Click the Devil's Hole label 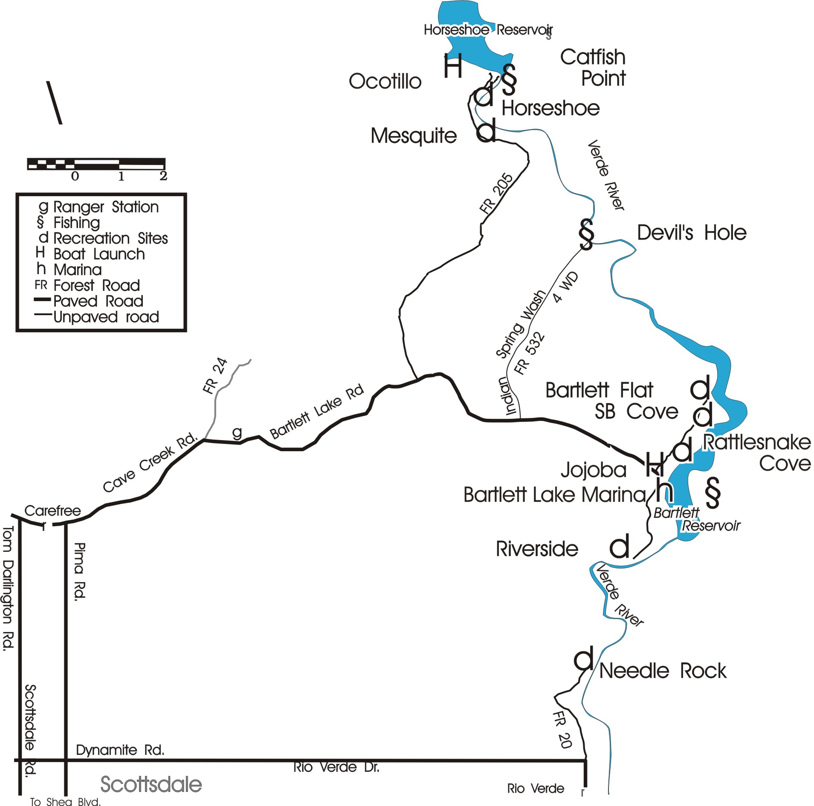(x=691, y=233)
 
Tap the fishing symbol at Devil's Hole (x=587, y=234)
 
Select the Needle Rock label (x=662, y=671)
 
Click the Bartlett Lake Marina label (x=554, y=495)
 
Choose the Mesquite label (x=414, y=136)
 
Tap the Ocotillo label (x=385, y=81)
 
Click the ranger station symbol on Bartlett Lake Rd (x=237, y=432)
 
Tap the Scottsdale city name (x=151, y=784)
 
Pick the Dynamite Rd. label (x=120, y=750)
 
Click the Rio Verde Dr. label (x=336, y=767)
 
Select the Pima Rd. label (x=80, y=571)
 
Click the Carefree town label (x=52, y=510)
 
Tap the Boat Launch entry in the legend (x=99, y=254)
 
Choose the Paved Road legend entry (x=98, y=301)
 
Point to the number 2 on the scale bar (x=163, y=176)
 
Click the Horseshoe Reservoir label (x=488, y=30)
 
